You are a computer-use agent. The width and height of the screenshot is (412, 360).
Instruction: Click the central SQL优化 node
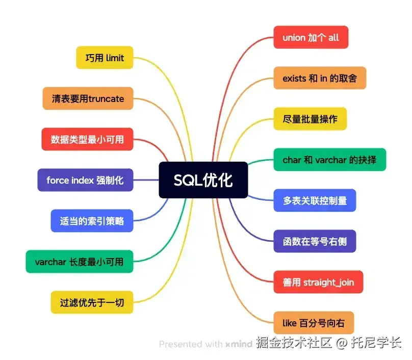(x=203, y=180)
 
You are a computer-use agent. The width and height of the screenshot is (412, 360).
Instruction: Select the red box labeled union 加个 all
(x=311, y=37)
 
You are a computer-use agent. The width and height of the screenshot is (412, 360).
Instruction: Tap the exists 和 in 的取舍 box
(x=320, y=78)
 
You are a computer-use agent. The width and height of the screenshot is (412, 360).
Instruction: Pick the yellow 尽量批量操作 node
(x=310, y=119)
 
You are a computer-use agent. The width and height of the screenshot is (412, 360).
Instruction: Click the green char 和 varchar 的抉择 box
(x=329, y=160)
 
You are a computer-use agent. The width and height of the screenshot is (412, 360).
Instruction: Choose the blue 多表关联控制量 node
(x=315, y=200)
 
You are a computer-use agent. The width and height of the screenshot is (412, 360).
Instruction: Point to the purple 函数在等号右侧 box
(x=315, y=241)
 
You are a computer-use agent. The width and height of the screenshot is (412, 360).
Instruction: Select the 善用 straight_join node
(x=318, y=282)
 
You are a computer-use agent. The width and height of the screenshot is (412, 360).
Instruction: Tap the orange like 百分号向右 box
(x=313, y=323)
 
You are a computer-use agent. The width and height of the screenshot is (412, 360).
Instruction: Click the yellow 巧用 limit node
(x=105, y=58)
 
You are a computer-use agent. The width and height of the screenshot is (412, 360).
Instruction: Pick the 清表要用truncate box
(x=88, y=98)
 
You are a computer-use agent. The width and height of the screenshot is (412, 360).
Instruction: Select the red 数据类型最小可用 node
(x=87, y=139)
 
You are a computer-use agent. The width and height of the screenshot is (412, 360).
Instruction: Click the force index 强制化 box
(x=85, y=180)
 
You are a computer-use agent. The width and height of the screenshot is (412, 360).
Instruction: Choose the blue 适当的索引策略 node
(x=92, y=221)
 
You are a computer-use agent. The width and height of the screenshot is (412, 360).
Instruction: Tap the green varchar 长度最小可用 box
(x=79, y=262)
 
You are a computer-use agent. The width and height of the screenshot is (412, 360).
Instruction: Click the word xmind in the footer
(x=239, y=344)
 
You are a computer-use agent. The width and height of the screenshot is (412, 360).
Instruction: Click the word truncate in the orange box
(x=106, y=98)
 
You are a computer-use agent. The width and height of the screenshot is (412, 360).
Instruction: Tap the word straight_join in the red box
(x=328, y=282)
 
